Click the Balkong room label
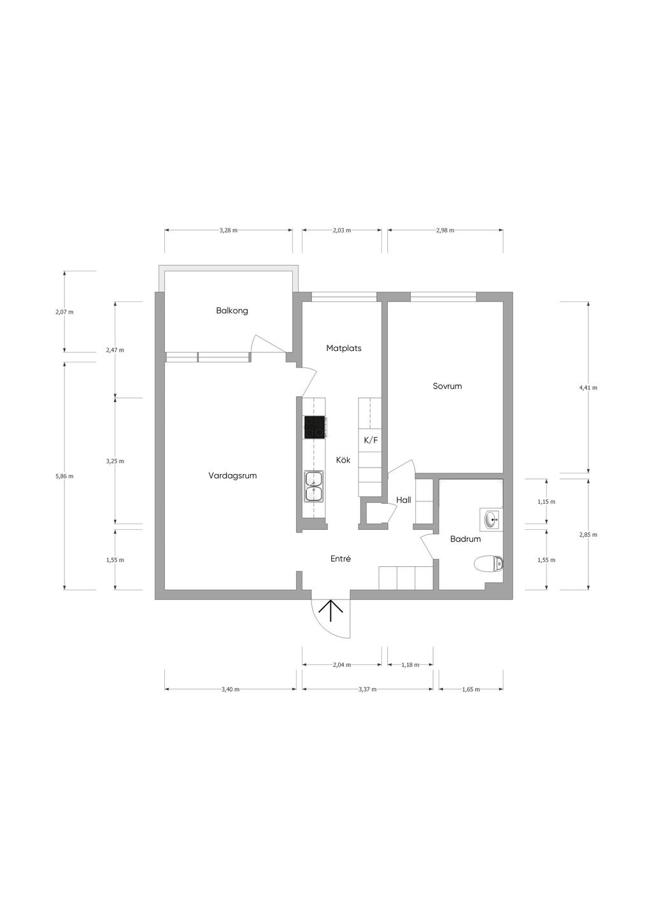pos(232,311)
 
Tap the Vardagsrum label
pos(232,475)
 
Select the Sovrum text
pos(447,386)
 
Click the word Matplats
pos(343,348)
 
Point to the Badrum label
pos(465,538)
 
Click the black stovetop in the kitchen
pos(315,427)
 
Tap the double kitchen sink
pos(314,486)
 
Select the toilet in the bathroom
pos(488,564)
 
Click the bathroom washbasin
pos(492,520)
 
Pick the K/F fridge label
pos(371,440)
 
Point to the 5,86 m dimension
pos(65,476)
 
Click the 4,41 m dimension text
pos(588,387)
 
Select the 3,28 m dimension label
pos(229,231)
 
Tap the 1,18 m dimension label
pos(410,664)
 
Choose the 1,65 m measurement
pos(471,689)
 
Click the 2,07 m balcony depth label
pos(65,312)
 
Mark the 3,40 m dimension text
pos(230,689)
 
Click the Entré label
pos(341,559)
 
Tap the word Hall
pos(404,500)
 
